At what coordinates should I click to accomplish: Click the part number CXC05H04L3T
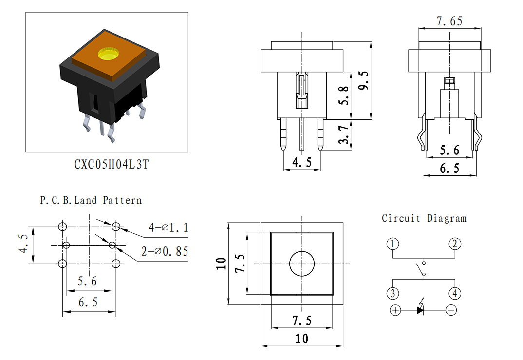(x=112, y=164)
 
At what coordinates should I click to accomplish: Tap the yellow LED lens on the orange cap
(x=109, y=54)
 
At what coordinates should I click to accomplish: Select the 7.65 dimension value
(x=449, y=21)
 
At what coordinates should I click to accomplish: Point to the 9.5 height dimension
(x=364, y=80)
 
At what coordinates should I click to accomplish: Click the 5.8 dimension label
(x=343, y=95)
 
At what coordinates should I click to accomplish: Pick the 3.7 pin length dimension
(x=343, y=134)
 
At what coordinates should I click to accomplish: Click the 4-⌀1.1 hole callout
(x=168, y=227)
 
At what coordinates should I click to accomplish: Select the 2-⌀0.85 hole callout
(x=165, y=251)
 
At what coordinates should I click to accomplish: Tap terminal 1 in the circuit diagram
(x=392, y=244)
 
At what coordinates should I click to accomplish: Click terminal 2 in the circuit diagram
(x=455, y=244)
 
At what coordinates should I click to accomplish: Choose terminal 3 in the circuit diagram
(x=392, y=293)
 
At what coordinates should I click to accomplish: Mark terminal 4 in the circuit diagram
(x=455, y=293)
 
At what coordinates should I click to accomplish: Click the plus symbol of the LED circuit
(x=395, y=310)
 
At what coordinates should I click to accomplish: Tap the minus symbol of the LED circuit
(x=451, y=310)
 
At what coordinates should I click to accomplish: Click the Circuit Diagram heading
(x=424, y=218)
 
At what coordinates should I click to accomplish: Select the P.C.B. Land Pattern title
(x=91, y=200)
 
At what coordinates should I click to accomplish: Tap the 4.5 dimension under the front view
(x=302, y=162)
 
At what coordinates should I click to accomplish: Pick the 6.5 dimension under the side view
(x=449, y=168)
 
